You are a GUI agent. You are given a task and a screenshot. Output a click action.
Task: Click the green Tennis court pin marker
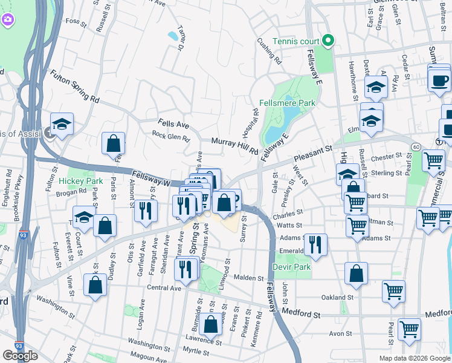[328, 41]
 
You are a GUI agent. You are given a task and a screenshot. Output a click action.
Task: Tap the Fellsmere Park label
[288, 103]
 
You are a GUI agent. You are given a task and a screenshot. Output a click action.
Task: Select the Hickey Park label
[81, 181]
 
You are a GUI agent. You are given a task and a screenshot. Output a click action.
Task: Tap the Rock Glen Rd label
[171, 137]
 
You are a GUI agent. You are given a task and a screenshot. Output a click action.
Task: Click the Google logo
[20, 356]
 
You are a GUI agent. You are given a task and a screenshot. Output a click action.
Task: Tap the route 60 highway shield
[416, 147]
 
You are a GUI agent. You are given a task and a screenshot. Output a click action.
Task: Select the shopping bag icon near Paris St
[113, 144]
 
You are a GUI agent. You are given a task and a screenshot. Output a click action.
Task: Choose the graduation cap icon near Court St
[84, 217]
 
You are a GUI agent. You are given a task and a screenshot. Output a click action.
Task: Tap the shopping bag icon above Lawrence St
[211, 325]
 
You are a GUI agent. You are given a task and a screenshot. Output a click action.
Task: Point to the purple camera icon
[7, 19]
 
